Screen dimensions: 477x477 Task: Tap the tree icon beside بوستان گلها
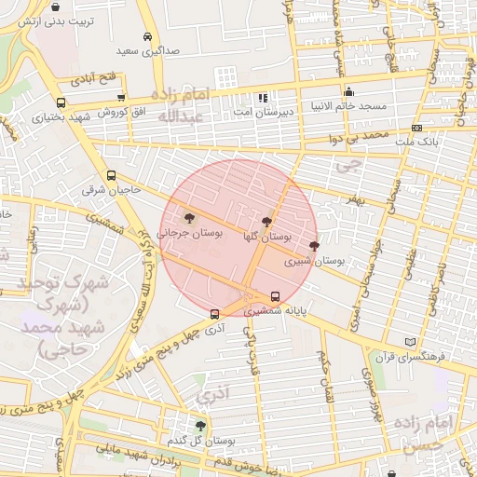[x=268, y=222]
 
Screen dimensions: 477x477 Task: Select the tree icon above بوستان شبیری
[x=313, y=246]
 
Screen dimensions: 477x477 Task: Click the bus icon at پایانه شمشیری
[x=274, y=297]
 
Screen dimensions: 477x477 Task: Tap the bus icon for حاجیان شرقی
[x=112, y=174]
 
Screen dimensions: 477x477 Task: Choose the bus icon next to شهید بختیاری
[x=61, y=102]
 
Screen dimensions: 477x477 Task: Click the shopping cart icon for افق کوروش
[x=120, y=97]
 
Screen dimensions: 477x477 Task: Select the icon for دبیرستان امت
[x=263, y=97]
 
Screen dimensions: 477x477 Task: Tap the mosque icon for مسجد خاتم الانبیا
[x=348, y=91]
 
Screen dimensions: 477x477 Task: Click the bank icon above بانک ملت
[x=416, y=128]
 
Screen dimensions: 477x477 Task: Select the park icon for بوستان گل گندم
[x=200, y=425]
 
